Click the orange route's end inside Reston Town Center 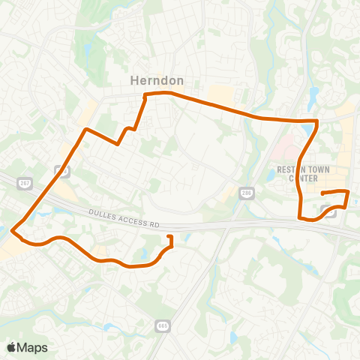(x=322, y=194)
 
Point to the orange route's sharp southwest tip (x=13, y=231)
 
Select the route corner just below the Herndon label (x=145, y=94)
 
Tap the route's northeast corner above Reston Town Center (x=318, y=120)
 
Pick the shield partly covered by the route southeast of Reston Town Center (x=333, y=212)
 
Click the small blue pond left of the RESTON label (x=271, y=175)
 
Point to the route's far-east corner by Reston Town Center (x=349, y=192)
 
